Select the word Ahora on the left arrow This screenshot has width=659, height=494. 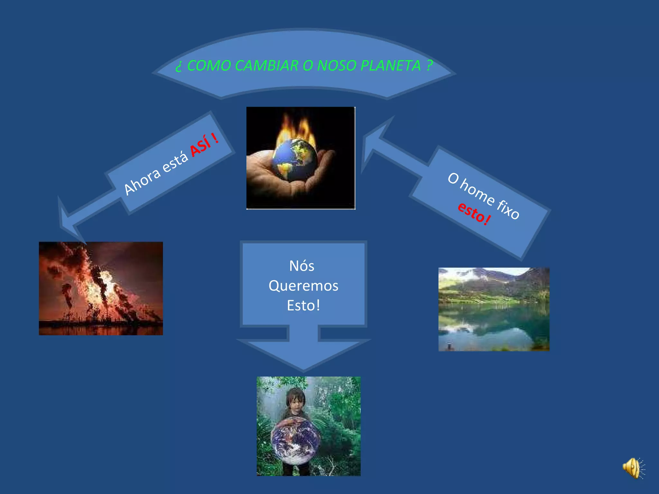142,181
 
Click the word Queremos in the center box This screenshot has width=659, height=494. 303,286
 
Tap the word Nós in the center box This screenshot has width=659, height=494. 302,266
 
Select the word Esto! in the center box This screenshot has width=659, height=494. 303,306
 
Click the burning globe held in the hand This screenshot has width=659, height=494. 294,159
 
